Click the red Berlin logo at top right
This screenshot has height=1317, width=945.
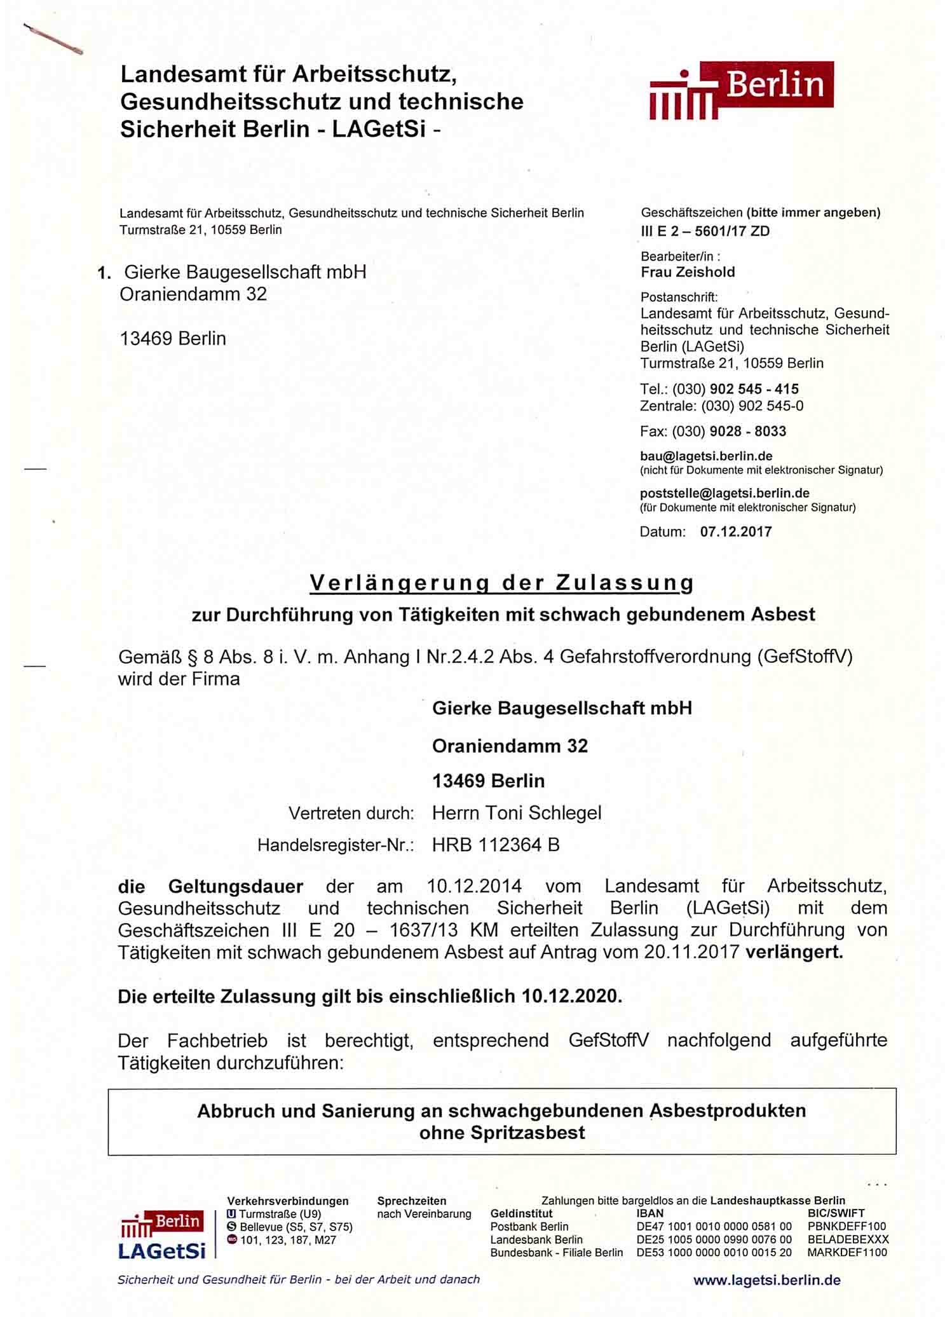click(741, 90)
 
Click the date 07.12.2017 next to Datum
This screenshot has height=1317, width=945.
click(736, 532)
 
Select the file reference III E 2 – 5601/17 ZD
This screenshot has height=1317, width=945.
click(705, 231)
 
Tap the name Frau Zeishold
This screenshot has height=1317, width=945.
click(688, 272)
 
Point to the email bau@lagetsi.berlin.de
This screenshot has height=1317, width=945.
click(706, 456)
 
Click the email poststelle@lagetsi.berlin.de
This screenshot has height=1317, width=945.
click(724, 493)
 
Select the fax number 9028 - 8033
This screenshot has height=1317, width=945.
click(747, 432)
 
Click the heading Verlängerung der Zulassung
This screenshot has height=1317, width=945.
click(501, 583)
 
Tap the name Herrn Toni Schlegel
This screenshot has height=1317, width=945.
click(517, 813)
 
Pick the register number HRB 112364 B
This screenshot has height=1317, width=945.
click(496, 845)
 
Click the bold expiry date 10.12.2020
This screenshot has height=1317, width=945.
click(570, 996)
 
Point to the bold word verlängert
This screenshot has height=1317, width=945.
click(794, 953)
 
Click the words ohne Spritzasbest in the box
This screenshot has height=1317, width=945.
click(502, 1133)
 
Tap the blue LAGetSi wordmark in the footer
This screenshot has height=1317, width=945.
click(162, 1252)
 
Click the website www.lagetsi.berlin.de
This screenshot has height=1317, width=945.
click(766, 1280)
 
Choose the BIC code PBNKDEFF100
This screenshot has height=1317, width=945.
click(846, 1227)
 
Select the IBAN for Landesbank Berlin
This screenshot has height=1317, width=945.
click(714, 1239)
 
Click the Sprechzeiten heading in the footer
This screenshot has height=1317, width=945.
click(411, 1201)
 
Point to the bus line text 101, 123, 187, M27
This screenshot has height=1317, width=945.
click(288, 1240)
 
